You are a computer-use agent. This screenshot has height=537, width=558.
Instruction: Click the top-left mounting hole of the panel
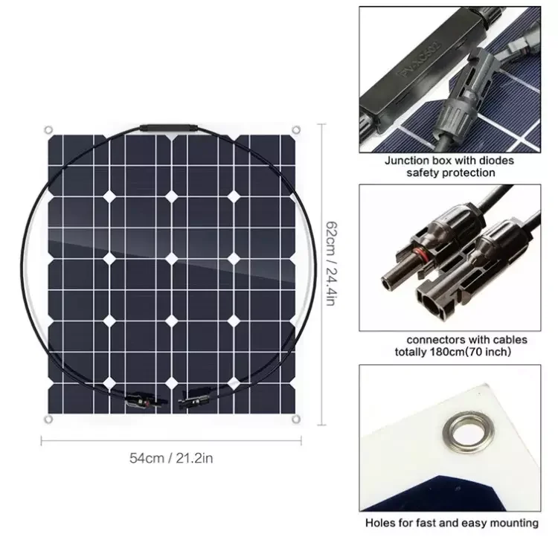(47, 129)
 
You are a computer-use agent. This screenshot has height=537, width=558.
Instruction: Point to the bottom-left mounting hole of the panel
(47, 422)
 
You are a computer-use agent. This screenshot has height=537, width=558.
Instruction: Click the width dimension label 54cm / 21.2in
(171, 459)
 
